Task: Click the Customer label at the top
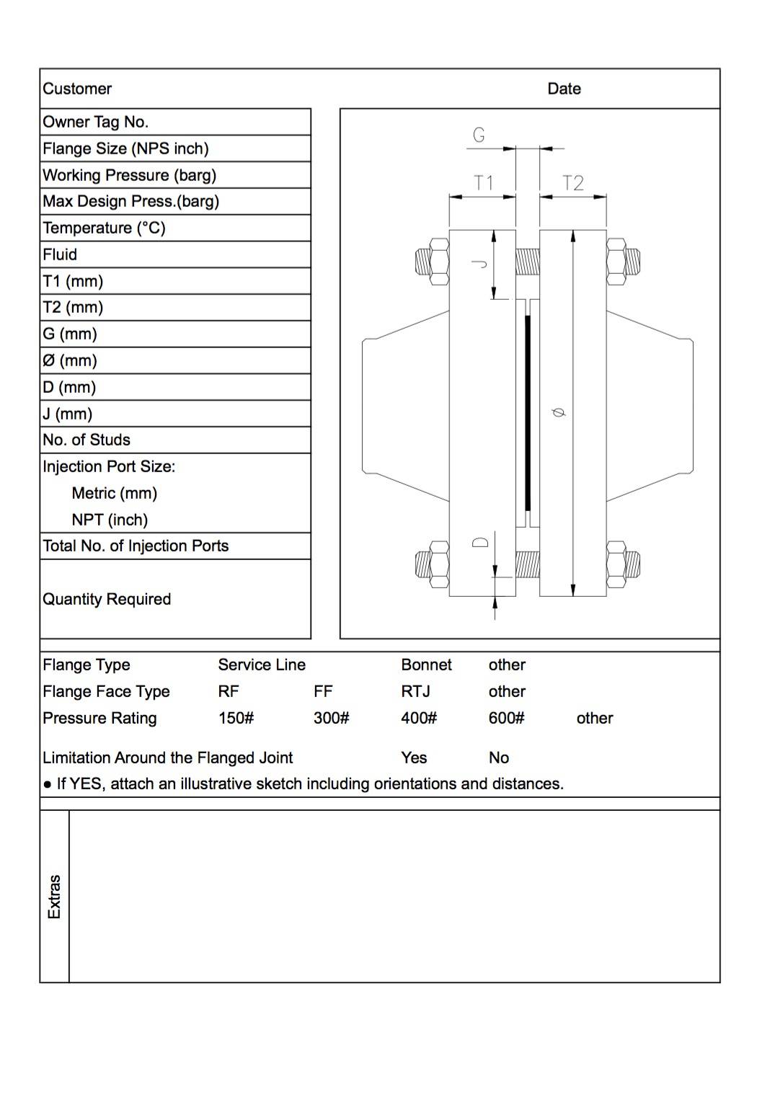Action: pyautogui.click(x=77, y=89)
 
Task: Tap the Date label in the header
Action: pyautogui.click(x=564, y=89)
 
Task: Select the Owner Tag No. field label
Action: pyautogui.click(x=95, y=122)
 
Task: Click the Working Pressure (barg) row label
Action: pyautogui.click(x=129, y=175)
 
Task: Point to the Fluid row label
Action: pyautogui.click(x=60, y=254)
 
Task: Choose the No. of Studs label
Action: pyautogui.click(x=87, y=440)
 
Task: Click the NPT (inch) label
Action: pyautogui.click(x=110, y=520)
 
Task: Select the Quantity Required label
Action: pyautogui.click(x=107, y=599)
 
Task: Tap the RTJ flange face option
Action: pyautogui.click(x=415, y=691)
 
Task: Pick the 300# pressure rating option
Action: pyautogui.click(x=331, y=718)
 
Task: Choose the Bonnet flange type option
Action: pyautogui.click(x=426, y=665)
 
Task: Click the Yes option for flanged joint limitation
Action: pyautogui.click(x=414, y=758)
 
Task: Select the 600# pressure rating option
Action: pyautogui.click(x=506, y=718)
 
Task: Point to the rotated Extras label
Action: pyautogui.click(x=54, y=897)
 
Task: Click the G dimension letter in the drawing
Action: pyautogui.click(x=479, y=135)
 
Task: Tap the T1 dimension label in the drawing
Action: pyautogui.click(x=483, y=183)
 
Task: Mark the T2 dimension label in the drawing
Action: pyautogui.click(x=572, y=183)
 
